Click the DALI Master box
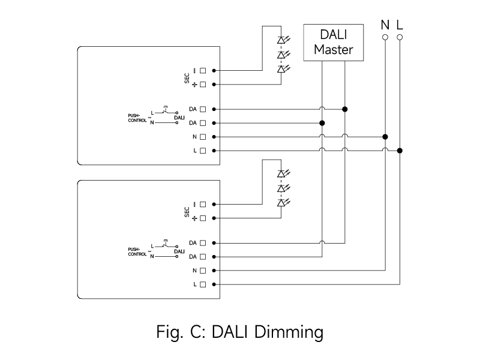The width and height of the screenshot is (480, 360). pos(334,42)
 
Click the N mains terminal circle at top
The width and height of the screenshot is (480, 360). pos(385,37)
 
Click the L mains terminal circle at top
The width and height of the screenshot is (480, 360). pos(400,37)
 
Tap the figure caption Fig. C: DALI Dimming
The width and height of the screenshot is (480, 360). pos(240,331)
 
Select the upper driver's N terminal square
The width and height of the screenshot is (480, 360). pos(203,137)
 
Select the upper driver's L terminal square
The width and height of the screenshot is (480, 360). pos(203,151)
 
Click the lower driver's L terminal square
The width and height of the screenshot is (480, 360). pos(203,284)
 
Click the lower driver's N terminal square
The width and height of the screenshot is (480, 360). pos(203,271)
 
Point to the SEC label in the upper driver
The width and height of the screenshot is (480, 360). pos(187,78)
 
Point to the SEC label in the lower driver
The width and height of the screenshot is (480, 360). pos(187,212)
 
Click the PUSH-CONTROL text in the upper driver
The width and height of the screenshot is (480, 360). pos(137,118)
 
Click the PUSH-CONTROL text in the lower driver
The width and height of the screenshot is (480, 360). pos(137,251)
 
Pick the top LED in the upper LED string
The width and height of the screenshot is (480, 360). pos(281,40)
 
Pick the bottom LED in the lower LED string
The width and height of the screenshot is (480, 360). pos(281,203)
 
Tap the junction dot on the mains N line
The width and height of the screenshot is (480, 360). pos(385,137)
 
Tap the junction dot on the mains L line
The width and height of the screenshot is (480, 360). pos(400,151)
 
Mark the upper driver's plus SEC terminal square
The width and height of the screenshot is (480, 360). pos(203,85)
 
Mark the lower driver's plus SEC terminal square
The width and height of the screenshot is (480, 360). pos(203,218)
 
